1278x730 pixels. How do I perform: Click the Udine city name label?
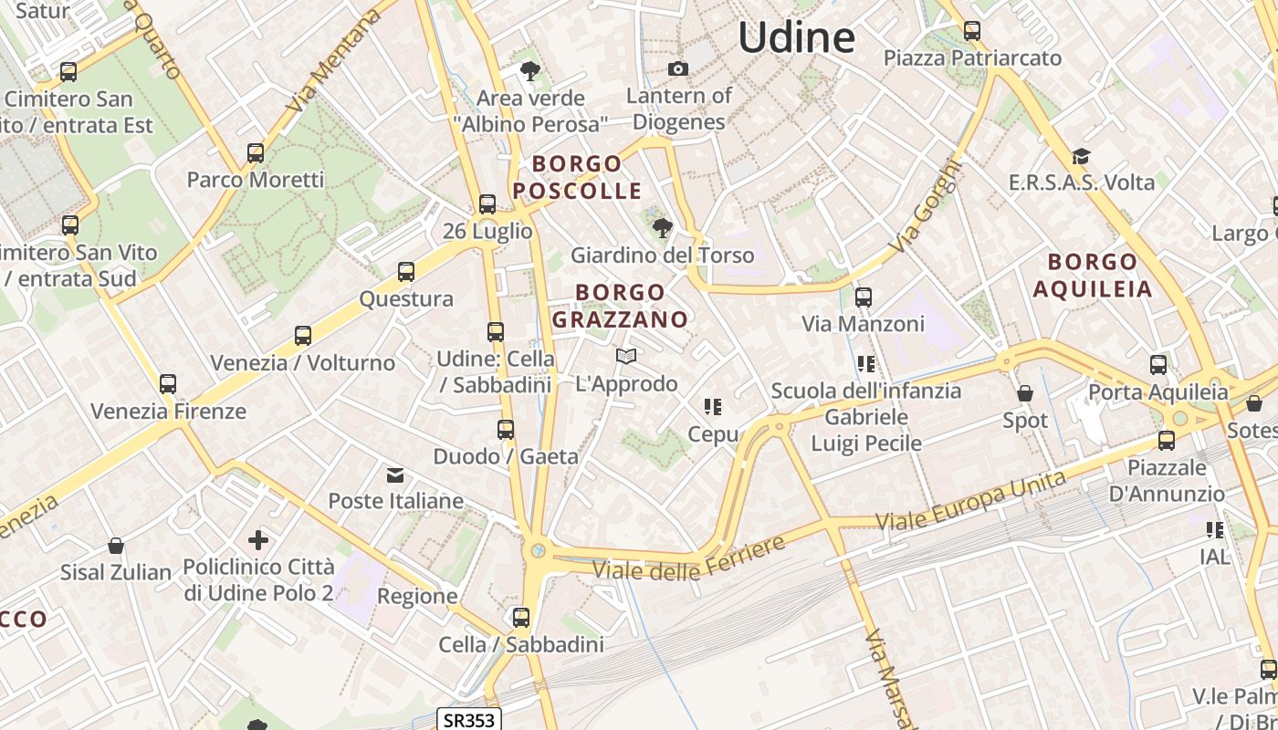coord(796,38)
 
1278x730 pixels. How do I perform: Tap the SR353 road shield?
coord(469,719)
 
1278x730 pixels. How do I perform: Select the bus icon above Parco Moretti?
coord(256,152)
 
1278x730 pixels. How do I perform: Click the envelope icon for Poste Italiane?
coord(395,474)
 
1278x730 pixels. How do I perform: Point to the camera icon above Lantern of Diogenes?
coord(678,69)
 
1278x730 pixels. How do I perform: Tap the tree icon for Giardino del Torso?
coord(662,227)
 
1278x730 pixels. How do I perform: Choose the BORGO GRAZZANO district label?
coord(620,306)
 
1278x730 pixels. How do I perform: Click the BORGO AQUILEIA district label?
coord(1093,276)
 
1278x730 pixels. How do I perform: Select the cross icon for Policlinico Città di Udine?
coord(258,540)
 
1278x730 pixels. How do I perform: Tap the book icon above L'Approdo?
coord(626,357)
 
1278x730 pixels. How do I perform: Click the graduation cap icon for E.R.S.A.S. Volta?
coord(1082,156)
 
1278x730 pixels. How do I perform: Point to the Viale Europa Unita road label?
coord(970,501)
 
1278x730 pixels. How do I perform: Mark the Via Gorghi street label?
coord(927,207)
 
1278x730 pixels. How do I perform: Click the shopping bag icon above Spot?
coord(1025,394)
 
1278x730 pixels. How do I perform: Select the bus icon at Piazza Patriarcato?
coord(972,31)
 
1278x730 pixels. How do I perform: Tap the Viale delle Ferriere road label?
coord(688,558)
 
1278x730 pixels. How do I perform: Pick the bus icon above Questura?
coord(406,272)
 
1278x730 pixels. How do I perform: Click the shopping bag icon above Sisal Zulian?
coord(116,546)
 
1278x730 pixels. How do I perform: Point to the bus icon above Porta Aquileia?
coord(1158,365)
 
